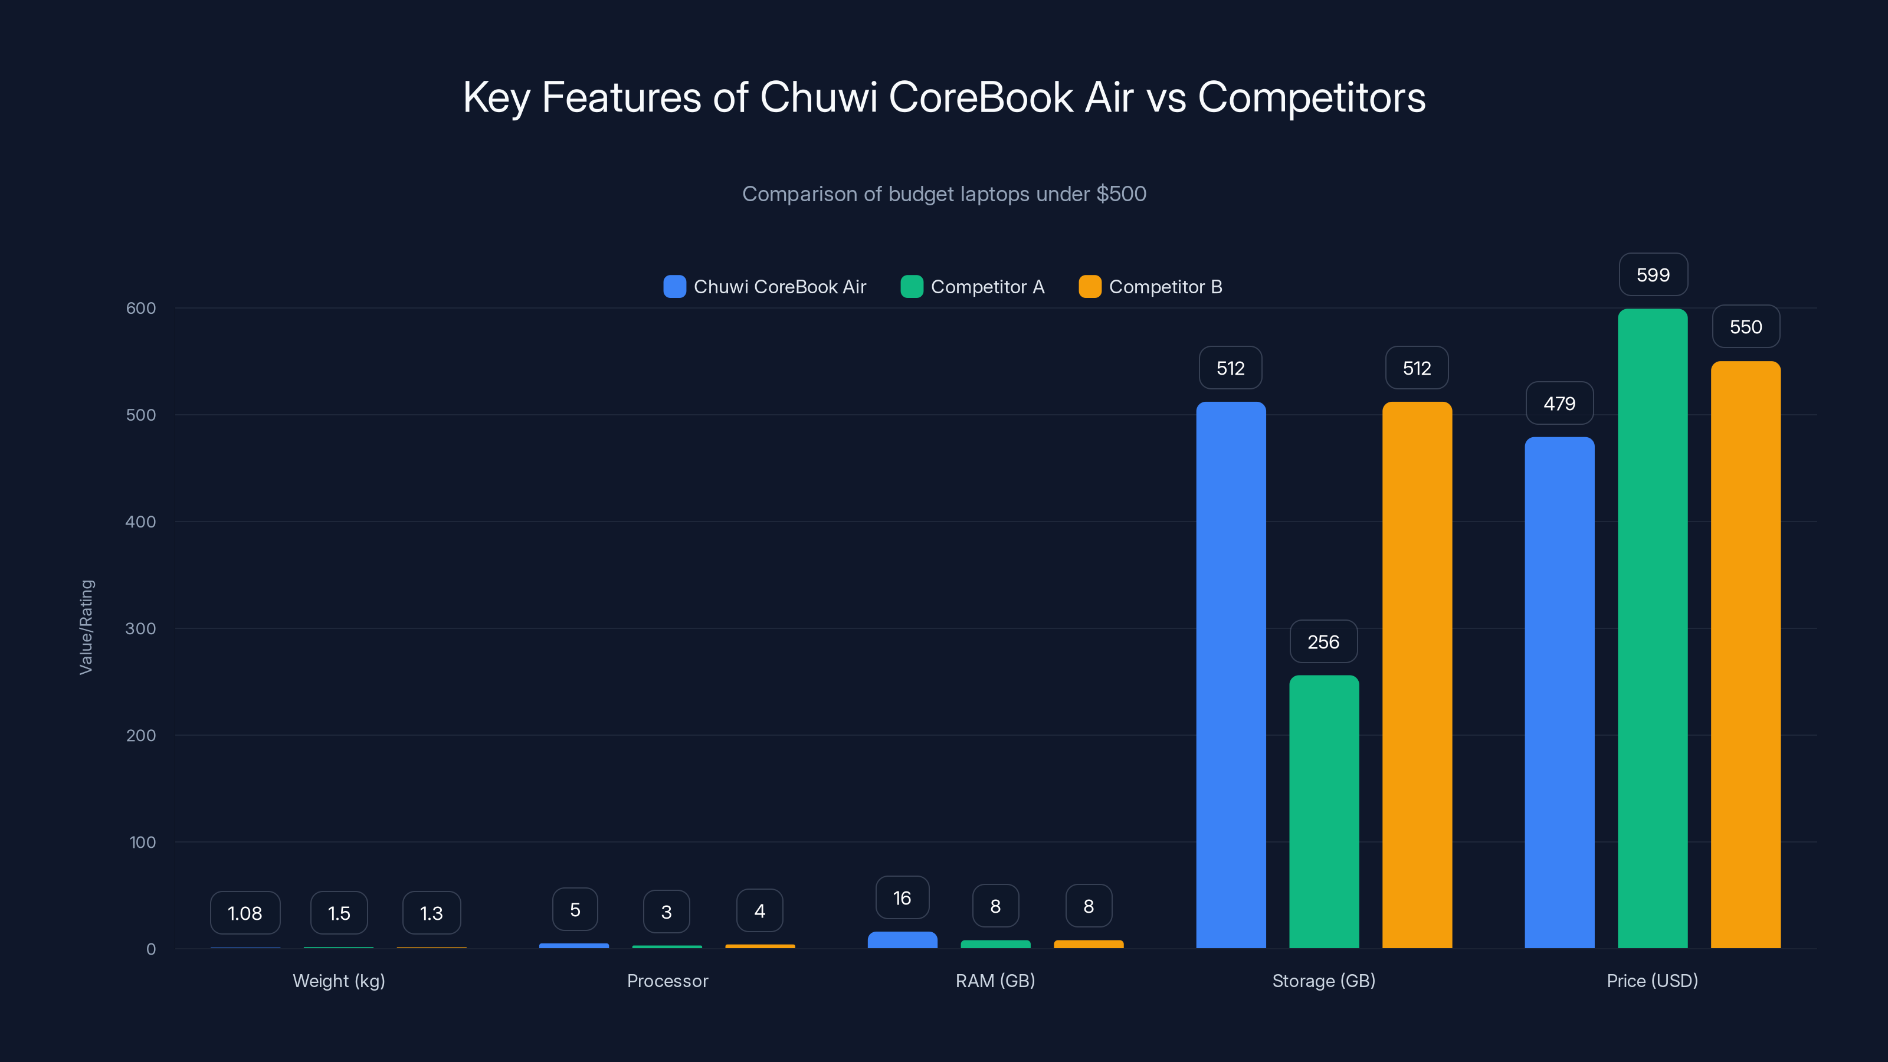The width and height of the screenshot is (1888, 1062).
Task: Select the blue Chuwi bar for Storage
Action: [x=1231, y=674]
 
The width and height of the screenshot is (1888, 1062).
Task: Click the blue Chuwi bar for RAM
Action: [x=902, y=940]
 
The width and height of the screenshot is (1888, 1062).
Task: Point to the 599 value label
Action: [x=1653, y=275]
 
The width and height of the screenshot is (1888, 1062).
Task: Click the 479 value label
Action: [x=1559, y=403]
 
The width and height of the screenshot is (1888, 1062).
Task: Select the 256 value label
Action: [x=1323, y=642]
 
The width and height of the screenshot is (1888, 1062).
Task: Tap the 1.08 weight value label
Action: [x=245, y=913]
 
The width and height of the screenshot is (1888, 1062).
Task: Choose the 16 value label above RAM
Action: [x=902, y=898]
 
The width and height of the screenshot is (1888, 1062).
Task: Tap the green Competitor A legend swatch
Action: [x=911, y=287]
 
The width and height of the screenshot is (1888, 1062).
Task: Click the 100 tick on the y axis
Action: [x=142, y=842]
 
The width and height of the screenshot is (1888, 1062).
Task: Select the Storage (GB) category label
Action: [x=1323, y=981]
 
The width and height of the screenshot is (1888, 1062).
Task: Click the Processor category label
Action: [x=667, y=981]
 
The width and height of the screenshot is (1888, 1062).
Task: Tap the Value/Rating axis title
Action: [x=87, y=627]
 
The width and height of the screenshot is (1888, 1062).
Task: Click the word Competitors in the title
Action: [x=1311, y=97]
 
